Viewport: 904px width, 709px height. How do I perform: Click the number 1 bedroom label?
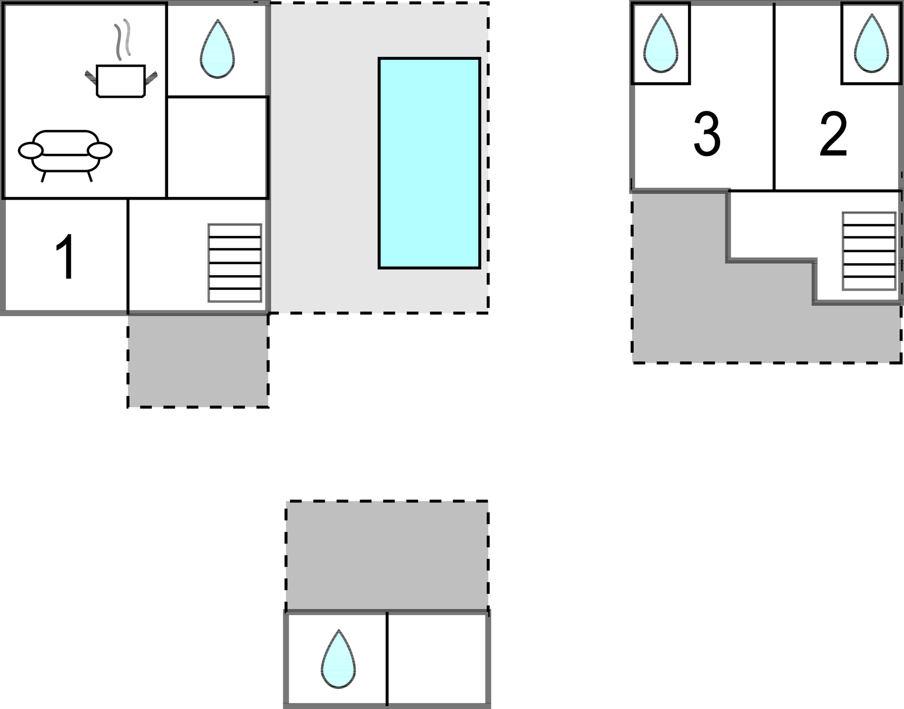pyautogui.click(x=66, y=257)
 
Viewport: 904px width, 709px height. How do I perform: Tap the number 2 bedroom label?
pyautogui.click(x=833, y=134)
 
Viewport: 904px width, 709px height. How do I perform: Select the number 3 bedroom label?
pyautogui.click(x=707, y=134)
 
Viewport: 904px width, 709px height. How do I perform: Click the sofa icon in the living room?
pyautogui.click(x=65, y=156)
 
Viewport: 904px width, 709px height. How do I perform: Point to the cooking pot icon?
pyautogui.click(x=121, y=81)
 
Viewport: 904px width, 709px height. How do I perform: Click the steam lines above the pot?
pyautogui.click(x=123, y=39)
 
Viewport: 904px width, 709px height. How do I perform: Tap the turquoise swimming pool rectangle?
pyautogui.click(x=429, y=164)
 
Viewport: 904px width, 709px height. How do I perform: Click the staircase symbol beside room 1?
pyautogui.click(x=235, y=263)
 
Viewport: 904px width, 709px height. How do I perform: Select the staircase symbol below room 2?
pyautogui.click(x=869, y=251)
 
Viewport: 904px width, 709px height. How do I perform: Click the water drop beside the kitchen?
pyautogui.click(x=217, y=49)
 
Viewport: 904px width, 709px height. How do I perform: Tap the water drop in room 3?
pyautogui.click(x=661, y=43)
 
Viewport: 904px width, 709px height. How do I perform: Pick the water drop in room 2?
pyautogui.click(x=871, y=43)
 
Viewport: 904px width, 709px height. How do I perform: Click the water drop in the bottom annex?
pyautogui.click(x=338, y=659)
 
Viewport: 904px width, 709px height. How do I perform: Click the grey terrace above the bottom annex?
pyautogui.click(x=387, y=556)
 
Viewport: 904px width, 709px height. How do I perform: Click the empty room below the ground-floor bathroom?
pyautogui.click(x=216, y=147)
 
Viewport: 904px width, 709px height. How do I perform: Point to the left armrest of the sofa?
pyautogui.click(x=30, y=151)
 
